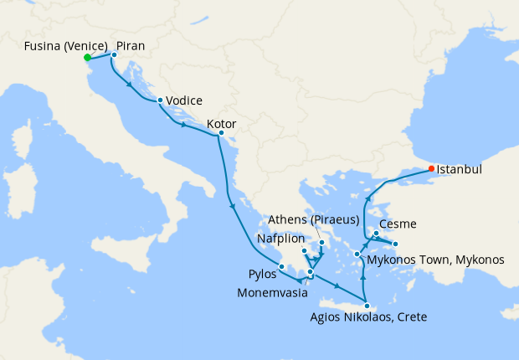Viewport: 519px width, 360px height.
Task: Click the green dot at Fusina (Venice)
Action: tap(87, 57)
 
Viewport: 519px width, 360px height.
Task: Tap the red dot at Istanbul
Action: tap(432, 168)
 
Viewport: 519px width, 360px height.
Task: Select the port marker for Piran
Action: tap(115, 55)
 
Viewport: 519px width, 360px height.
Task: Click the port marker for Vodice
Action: tap(160, 100)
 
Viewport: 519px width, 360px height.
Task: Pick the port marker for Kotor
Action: tap(220, 133)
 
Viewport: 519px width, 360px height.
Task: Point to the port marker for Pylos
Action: tap(282, 267)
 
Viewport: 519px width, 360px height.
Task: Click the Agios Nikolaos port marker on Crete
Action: tap(367, 306)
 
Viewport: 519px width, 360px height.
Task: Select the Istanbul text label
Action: tap(460, 169)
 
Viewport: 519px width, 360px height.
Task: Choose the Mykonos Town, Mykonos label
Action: tap(435, 260)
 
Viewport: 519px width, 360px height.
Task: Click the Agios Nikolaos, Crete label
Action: tap(368, 317)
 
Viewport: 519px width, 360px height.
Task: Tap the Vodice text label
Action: tap(184, 100)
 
